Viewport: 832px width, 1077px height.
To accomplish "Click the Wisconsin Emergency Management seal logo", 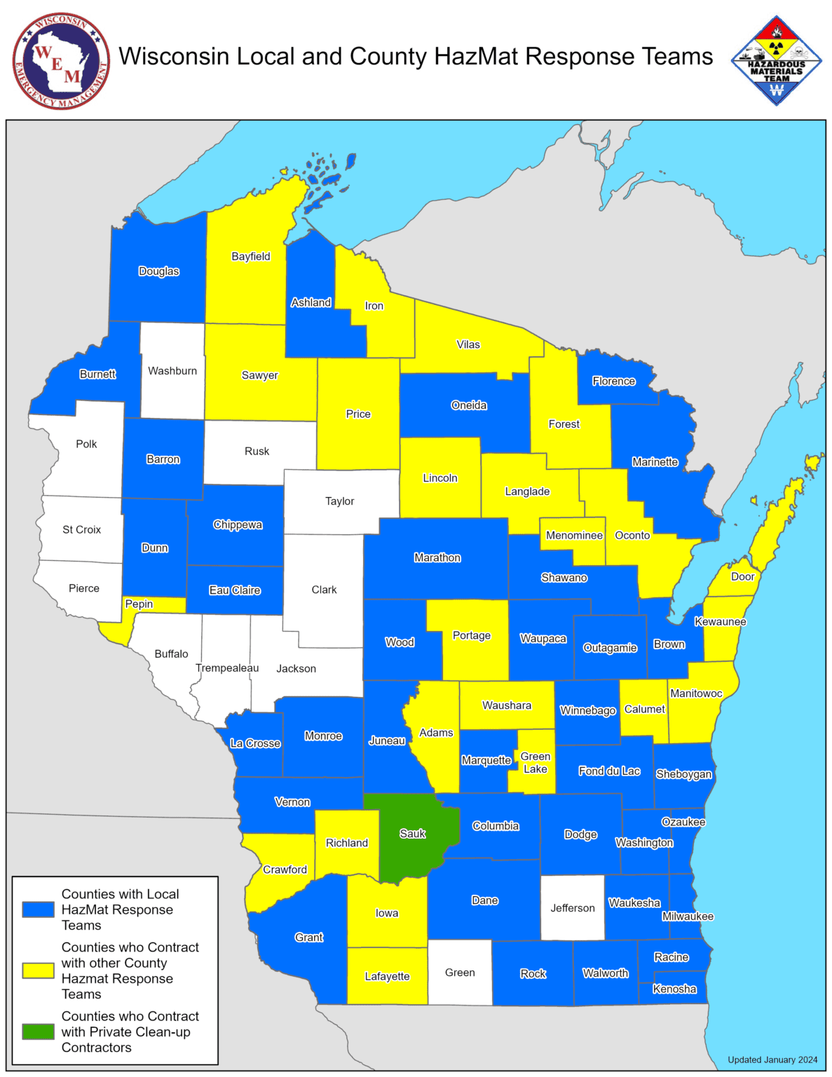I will click(x=61, y=61).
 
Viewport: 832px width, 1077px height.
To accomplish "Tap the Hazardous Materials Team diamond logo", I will click(x=776, y=61).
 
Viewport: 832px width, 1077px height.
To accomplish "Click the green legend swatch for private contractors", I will click(x=38, y=1031).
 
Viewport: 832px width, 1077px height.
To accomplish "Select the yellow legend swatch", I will click(x=38, y=970).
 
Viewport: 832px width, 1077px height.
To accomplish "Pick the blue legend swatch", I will click(x=38, y=909).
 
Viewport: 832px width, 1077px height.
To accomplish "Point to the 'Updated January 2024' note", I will click(x=772, y=1059).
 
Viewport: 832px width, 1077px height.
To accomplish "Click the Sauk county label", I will click(x=412, y=834).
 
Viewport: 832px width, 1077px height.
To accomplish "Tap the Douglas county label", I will click(x=158, y=271).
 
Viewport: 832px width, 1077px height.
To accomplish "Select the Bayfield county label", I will click(x=250, y=257).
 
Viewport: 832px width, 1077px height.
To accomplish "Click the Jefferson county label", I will click(x=572, y=908).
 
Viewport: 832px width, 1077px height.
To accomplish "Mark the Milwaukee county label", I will click(x=687, y=916).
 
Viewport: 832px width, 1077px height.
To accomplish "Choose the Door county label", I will click(x=742, y=577).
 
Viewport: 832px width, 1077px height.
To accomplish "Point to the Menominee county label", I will click(x=573, y=536).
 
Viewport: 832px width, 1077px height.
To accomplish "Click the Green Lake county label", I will click(x=535, y=763).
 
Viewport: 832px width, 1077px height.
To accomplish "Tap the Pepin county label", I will click(x=139, y=604).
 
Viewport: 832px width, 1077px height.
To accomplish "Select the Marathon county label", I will click(x=437, y=558).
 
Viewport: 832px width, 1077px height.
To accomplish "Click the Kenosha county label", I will click(x=674, y=989).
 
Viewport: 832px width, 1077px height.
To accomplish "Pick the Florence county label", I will click(x=613, y=381).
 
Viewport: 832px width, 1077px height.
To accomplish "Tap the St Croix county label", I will click(x=81, y=529).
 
